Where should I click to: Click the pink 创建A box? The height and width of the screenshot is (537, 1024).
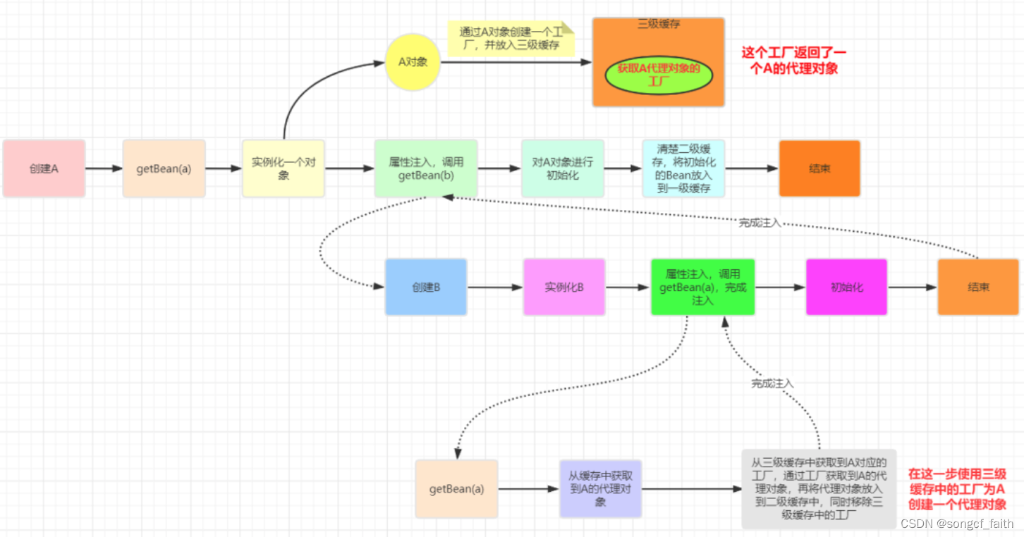(x=44, y=168)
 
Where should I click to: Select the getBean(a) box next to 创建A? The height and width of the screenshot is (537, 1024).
(x=164, y=168)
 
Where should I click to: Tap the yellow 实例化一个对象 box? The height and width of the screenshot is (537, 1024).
(x=284, y=168)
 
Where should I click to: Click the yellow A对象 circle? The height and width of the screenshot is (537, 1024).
(x=413, y=62)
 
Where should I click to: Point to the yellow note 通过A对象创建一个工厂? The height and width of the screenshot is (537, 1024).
(x=511, y=38)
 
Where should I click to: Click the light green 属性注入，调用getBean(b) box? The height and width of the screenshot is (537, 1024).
(x=426, y=168)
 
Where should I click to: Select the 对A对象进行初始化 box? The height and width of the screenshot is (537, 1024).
(x=563, y=168)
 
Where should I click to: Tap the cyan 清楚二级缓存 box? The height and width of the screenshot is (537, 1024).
(x=683, y=168)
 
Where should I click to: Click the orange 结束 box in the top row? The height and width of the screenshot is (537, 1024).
(x=819, y=168)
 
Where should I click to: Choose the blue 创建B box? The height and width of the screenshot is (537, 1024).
(x=426, y=287)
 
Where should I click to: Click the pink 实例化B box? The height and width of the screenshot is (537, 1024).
(x=564, y=287)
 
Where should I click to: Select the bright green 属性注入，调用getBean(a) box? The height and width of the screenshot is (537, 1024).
(x=703, y=287)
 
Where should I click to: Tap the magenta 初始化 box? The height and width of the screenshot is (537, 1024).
(x=846, y=287)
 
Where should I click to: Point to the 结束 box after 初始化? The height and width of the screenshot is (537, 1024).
(x=978, y=287)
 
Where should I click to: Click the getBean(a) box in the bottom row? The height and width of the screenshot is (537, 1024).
(x=456, y=488)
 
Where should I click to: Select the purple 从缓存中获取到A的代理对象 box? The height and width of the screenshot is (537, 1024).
(x=600, y=488)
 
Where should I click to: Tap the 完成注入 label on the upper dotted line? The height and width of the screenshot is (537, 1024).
(x=760, y=223)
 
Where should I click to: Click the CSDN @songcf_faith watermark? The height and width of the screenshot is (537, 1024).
(x=957, y=524)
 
